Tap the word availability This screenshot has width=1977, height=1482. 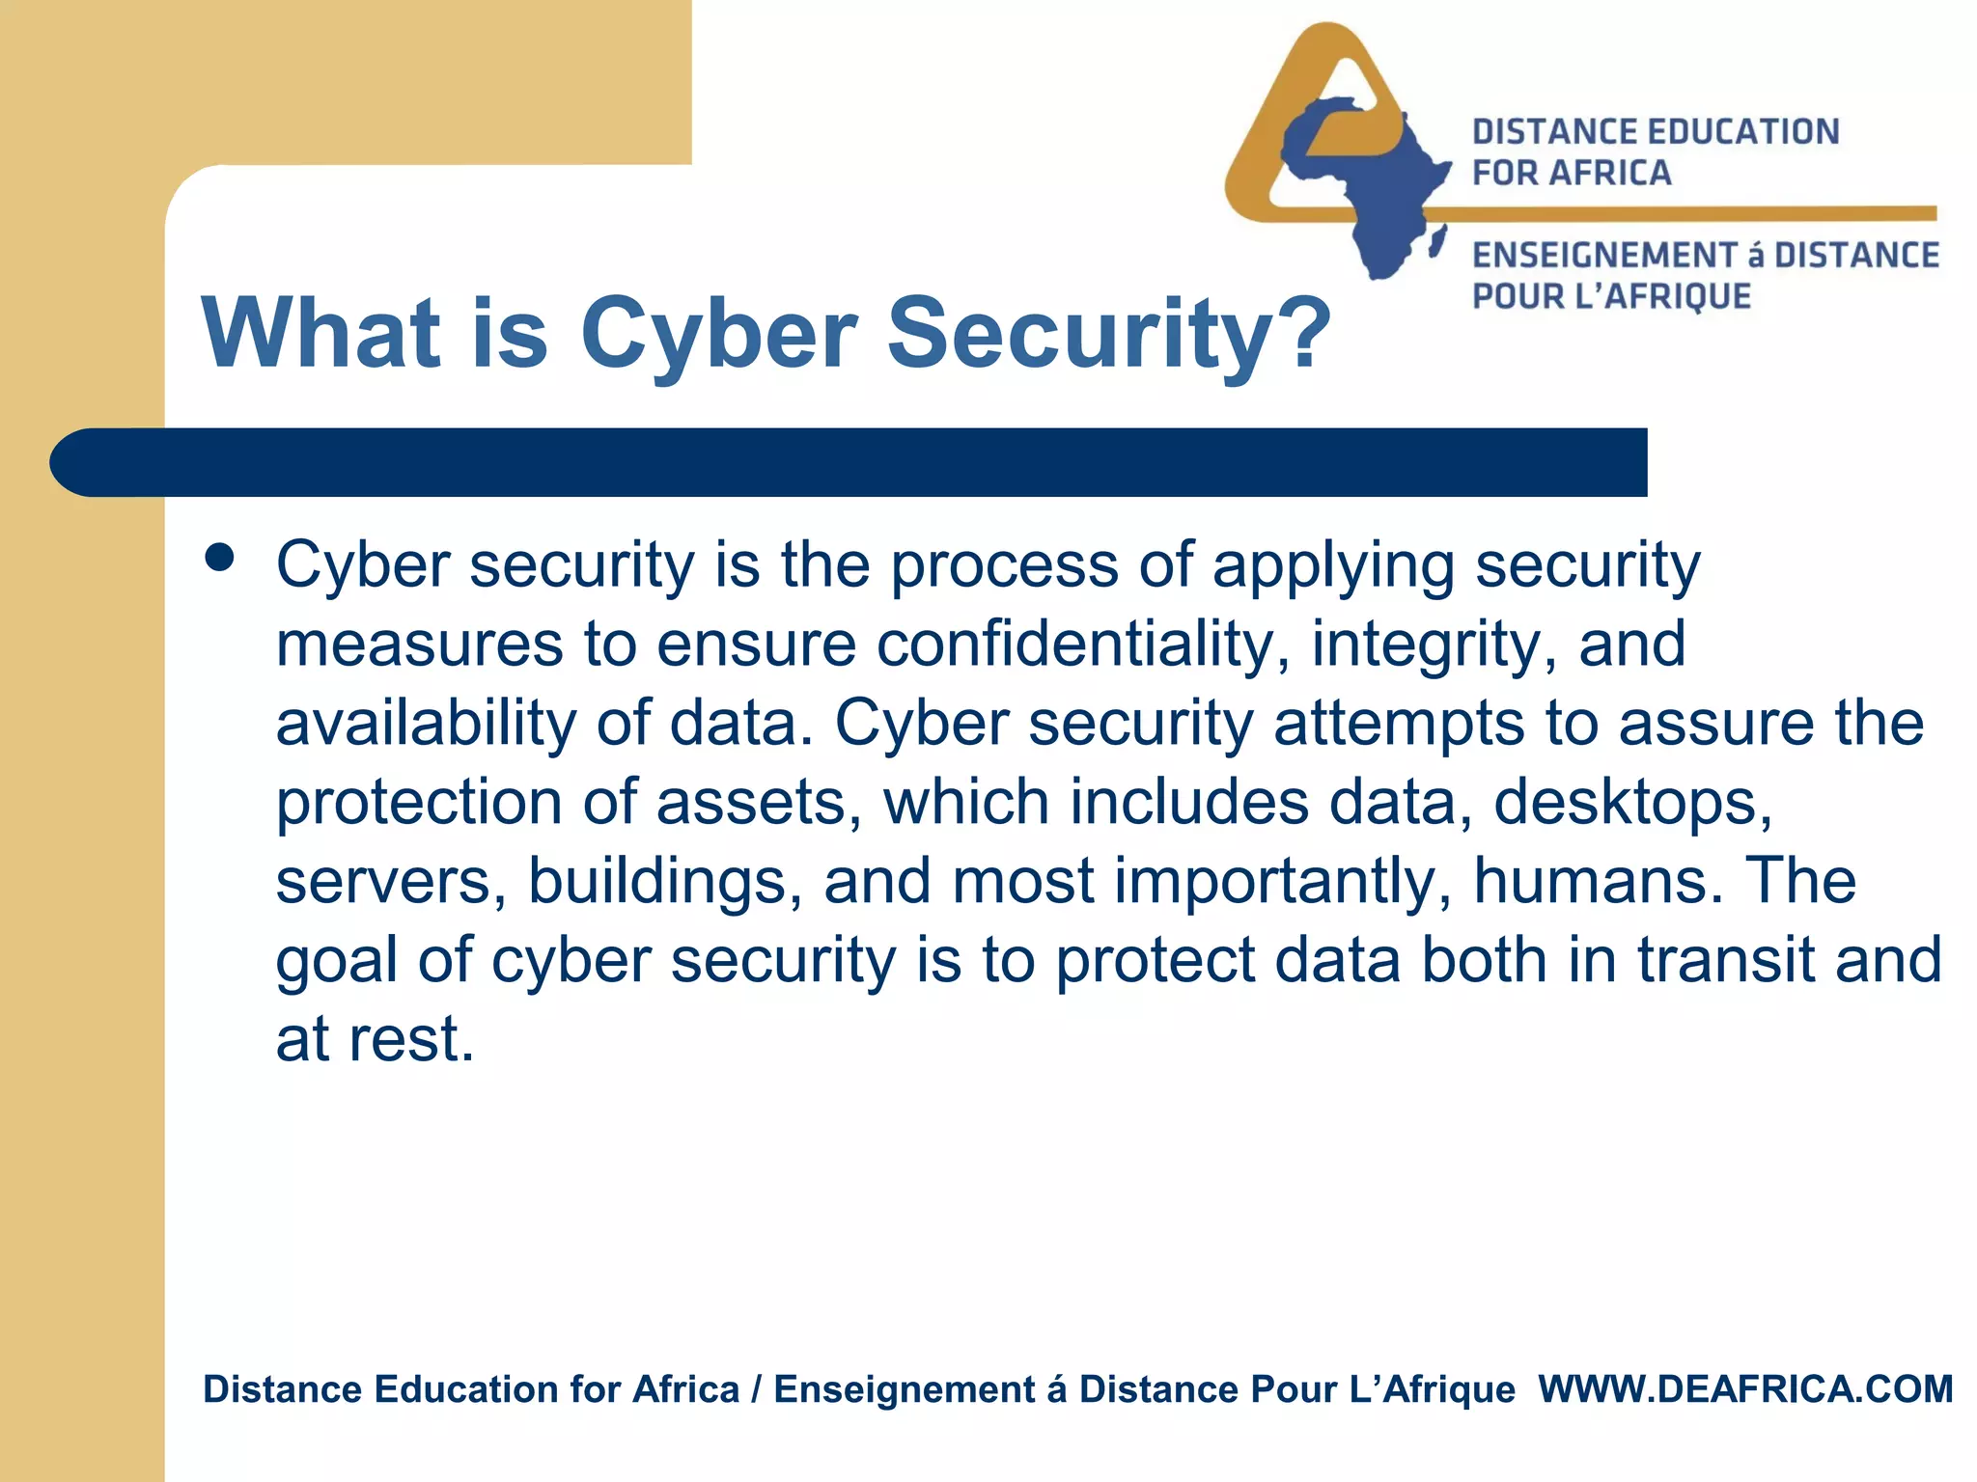point(426,724)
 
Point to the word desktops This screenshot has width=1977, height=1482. point(1633,804)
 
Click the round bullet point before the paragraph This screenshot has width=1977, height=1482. point(220,559)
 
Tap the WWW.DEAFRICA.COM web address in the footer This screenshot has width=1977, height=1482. point(1745,1389)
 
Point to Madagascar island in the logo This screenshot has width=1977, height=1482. point(1437,241)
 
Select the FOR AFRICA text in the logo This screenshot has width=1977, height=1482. point(1571,174)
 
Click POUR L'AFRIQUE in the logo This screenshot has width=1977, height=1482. point(1611,296)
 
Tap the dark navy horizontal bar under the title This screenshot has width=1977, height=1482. point(849,462)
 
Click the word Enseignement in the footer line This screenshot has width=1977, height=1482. point(905,1389)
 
